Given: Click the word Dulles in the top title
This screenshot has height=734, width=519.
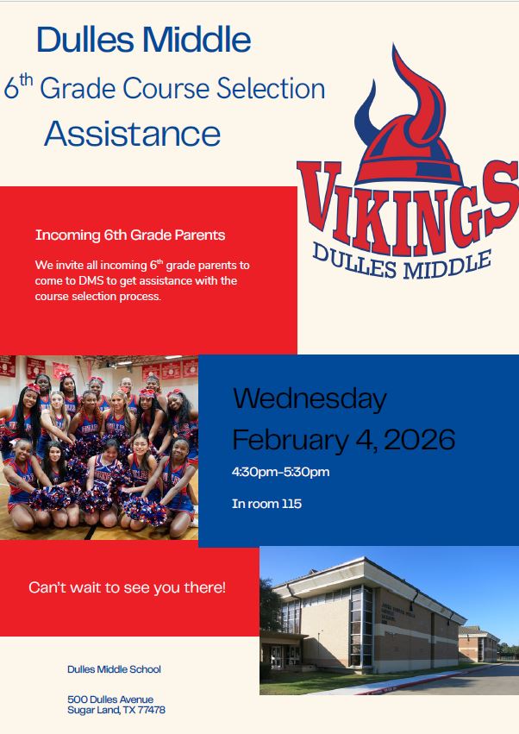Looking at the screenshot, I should pyautogui.click(x=87, y=40).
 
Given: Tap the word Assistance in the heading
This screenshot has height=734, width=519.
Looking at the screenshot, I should pyautogui.click(x=133, y=134).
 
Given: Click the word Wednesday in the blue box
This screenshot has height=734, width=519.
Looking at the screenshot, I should pyautogui.click(x=310, y=398).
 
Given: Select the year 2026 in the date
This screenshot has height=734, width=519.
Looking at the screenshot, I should pyautogui.click(x=419, y=440).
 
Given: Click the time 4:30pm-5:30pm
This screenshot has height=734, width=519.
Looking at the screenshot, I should pyautogui.click(x=280, y=472).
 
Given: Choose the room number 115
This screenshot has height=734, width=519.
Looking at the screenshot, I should pyautogui.click(x=291, y=504).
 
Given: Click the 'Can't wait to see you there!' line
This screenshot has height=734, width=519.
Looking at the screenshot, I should pyautogui.click(x=127, y=587).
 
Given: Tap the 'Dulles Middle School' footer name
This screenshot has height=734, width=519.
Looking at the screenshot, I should pyautogui.click(x=114, y=669).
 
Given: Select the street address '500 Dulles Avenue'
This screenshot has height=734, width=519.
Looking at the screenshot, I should pyautogui.click(x=109, y=699).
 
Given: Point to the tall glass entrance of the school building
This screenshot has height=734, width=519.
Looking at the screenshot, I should pyautogui.click(x=360, y=626).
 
